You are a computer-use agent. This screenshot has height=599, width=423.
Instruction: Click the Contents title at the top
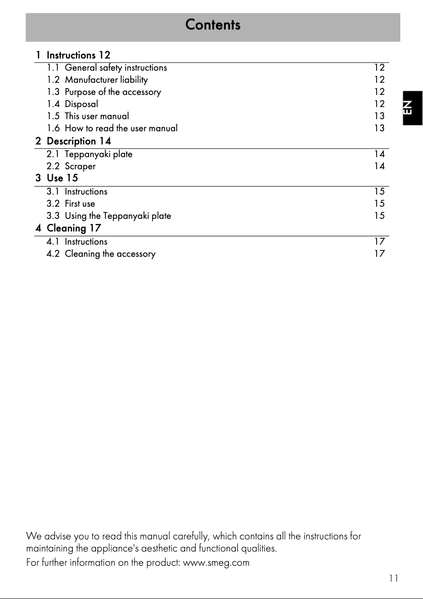[x=213, y=25]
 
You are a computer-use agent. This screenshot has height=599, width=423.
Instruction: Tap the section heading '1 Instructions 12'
[x=73, y=55]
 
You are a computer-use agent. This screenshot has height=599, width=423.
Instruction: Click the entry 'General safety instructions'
[x=116, y=67]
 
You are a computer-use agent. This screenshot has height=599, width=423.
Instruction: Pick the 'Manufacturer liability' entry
[x=106, y=80]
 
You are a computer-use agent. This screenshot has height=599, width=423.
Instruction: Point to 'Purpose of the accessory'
[x=112, y=92]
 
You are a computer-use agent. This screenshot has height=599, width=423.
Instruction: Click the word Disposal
[x=81, y=104]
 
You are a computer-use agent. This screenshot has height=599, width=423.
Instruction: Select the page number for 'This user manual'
[x=379, y=116]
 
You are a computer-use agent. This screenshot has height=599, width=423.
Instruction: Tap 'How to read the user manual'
[x=121, y=128]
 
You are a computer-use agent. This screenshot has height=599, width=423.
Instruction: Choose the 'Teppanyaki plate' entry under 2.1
[x=98, y=154]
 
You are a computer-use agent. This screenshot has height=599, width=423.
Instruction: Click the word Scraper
[x=80, y=166]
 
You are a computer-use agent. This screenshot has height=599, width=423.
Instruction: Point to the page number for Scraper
[x=379, y=166]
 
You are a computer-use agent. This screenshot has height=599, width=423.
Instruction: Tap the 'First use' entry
[x=80, y=204]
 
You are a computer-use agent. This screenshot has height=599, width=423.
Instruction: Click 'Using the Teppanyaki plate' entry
[x=118, y=216]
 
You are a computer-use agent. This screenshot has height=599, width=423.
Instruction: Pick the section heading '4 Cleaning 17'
[x=68, y=228]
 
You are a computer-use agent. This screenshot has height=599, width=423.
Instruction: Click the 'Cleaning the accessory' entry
[x=110, y=254]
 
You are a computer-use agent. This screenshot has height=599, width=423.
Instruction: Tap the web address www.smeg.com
[x=216, y=563]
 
